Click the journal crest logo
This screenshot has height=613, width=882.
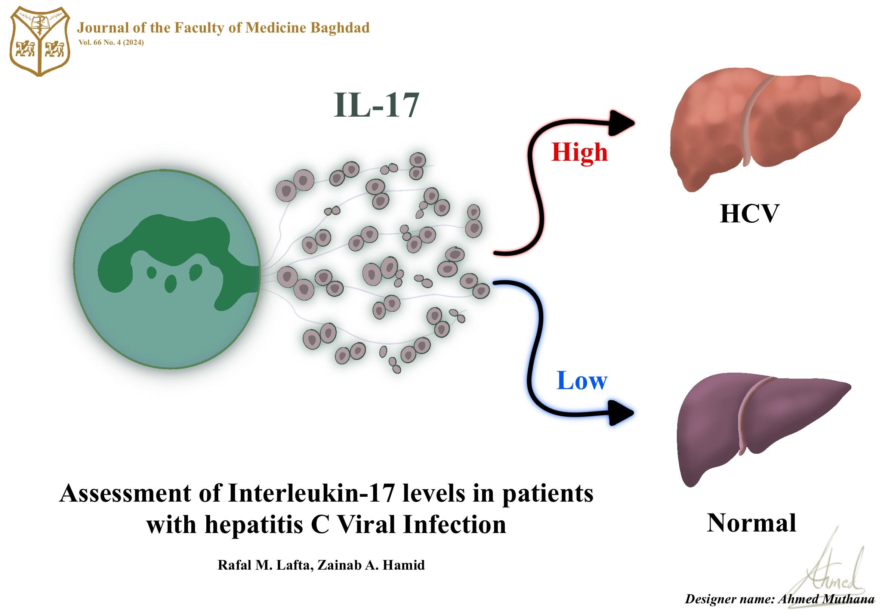[40, 41]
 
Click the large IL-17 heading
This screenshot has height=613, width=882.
[376, 105]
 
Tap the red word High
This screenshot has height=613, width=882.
[579, 153]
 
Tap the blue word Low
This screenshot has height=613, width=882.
[582, 381]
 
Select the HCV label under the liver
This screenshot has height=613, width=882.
[749, 214]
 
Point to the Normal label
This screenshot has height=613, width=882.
[752, 523]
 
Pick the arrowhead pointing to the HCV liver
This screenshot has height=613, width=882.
[620, 124]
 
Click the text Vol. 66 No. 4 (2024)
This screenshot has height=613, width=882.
[111, 43]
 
